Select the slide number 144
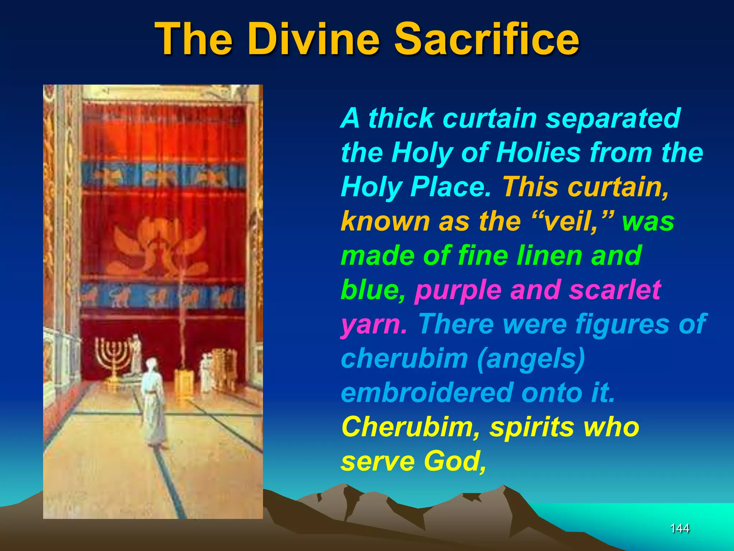point(680,528)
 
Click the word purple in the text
point(458,290)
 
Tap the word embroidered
point(426,392)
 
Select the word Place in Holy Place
point(451,187)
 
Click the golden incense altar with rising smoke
point(183,380)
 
